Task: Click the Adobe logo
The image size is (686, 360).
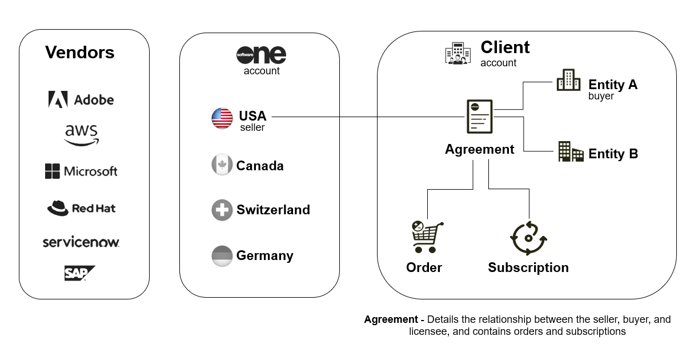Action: pyautogui.click(x=81, y=99)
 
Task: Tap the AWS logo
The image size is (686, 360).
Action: pyautogui.click(x=81, y=135)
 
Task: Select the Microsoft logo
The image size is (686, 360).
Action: pyautogui.click(x=81, y=171)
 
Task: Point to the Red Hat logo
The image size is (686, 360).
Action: pyautogui.click(x=81, y=208)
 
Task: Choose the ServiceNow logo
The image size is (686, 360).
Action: pyautogui.click(x=81, y=242)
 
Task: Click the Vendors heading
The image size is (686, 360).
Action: pyautogui.click(x=80, y=53)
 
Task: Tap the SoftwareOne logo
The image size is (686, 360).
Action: pyautogui.click(x=261, y=55)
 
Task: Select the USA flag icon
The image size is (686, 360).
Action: pyautogui.click(x=222, y=118)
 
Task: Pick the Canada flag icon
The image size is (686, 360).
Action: pyautogui.click(x=222, y=166)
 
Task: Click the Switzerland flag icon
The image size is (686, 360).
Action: pyautogui.click(x=222, y=210)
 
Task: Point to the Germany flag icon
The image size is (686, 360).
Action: pyautogui.click(x=222, y=255)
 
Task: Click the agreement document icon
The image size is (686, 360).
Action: pyautogui.click(x=479, y=117)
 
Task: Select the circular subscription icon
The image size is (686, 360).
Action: pyautogui.click(x=528, y=237)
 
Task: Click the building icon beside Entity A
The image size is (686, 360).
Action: pyautogui.click(x=568, y=81)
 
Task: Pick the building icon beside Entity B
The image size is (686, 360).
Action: pyautogui.click(x=570, y=152)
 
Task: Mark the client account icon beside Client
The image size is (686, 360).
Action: pyautogui.click(x=458, y=53)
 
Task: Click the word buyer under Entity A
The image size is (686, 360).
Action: pyautogui.click(x=601, y=96)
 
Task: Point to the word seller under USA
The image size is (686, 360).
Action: pyautogui.click(x=252, y=127)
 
